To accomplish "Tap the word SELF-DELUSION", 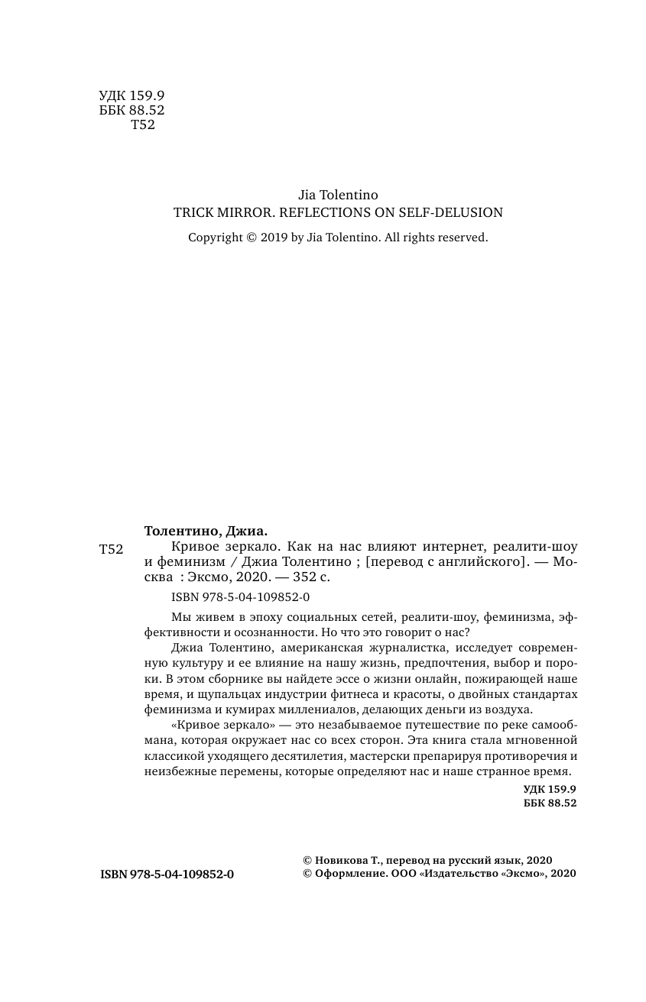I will point(451,213).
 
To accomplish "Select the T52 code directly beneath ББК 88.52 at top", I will point(143,125).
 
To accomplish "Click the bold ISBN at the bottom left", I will point(167,874).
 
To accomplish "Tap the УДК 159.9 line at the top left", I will point(131,95).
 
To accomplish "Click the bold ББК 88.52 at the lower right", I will point(550,803).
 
